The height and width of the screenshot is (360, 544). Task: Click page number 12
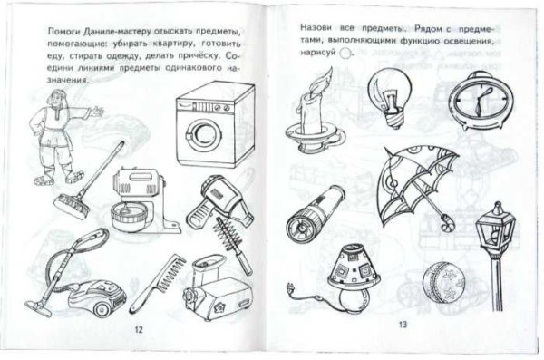(x=137, y=329)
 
